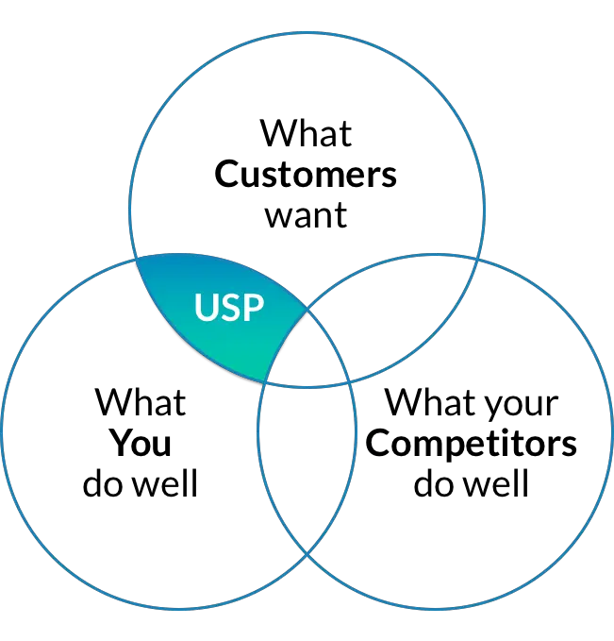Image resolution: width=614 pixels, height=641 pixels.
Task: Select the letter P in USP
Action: tap(252, 308)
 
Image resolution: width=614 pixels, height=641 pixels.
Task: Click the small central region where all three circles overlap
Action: tap(304, 350)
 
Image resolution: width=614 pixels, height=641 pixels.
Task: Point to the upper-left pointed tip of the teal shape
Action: tap(137, 258)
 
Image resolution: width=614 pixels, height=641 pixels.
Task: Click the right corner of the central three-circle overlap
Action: tap(349, 380)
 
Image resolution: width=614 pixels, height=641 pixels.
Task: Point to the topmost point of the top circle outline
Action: tap(307, 32)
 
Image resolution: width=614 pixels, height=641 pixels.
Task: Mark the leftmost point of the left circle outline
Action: tap(3, 430)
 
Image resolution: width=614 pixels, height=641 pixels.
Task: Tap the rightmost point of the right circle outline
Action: tap(611, 430)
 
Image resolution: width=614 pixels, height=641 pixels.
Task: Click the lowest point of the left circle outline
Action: tap(179, 608)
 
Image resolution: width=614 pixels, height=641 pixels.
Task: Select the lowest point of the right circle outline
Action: tap(435, 608)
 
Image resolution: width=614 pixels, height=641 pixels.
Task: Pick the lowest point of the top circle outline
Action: tap(307, 387)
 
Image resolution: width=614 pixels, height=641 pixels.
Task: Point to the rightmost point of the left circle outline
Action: tap(357, 430)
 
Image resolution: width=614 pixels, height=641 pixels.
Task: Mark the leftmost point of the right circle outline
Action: tap(258, 430)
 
